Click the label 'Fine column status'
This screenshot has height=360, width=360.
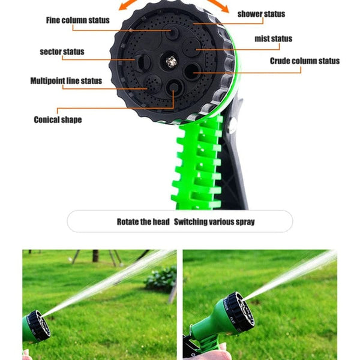coord(77,20)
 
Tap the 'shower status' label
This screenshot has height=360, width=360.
coord(261,13)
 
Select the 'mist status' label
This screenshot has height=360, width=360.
coord(273,39)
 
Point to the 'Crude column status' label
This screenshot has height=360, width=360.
coord(304,61)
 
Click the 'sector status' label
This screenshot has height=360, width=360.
coord(62,52)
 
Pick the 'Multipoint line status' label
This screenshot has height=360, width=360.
coord(66,80)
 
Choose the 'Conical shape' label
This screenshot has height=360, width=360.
coord(58,119)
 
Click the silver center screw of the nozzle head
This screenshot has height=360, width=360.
coord(171,61)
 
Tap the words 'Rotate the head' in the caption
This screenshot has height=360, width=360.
coord(143,221)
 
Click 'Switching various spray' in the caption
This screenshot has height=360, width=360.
coord(214,221)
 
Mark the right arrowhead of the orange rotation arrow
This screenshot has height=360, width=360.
coord(224,8)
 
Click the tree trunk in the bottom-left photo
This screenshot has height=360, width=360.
coord(95,256)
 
